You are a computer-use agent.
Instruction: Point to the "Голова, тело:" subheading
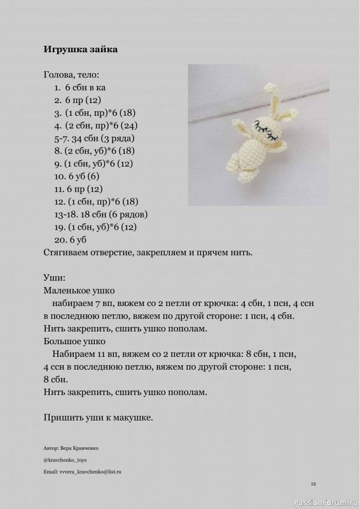[x=71, y=74]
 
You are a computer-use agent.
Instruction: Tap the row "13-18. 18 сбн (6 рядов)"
[x=101, y=214]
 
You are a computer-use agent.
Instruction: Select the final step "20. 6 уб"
[x=71, y=239]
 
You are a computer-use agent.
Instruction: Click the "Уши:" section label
[x=55, y=277]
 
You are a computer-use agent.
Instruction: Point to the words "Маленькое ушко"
[x=79, y=290]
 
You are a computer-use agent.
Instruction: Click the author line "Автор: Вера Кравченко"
[x=71, y=448]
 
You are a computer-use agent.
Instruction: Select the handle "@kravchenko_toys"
[x=66, y=459]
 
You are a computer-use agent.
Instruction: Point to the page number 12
[x=314, y=484]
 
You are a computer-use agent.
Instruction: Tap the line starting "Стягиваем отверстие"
[x=148, y=252]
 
